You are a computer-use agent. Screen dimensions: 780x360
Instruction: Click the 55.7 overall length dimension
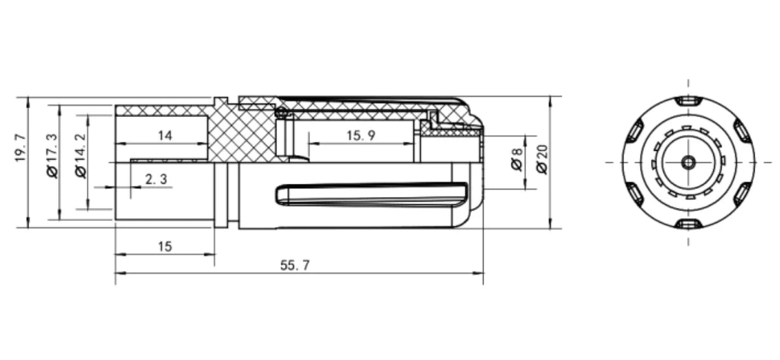pos(295,265)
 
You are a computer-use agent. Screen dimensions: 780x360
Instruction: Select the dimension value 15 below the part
pos(165,247)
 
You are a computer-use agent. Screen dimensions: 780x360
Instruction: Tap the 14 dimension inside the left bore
pos(165,135)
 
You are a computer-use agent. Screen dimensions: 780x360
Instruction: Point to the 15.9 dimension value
pos(361,135)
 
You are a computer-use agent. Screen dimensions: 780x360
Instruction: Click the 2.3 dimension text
pos(156,179)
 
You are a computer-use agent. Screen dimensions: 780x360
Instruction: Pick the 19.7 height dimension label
pos(20,148)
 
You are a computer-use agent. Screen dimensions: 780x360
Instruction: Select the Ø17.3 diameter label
pos(52,156)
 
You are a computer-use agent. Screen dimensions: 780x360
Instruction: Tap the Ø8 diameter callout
pos(517,160)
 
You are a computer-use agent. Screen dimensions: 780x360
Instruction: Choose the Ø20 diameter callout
pos(542,160)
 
